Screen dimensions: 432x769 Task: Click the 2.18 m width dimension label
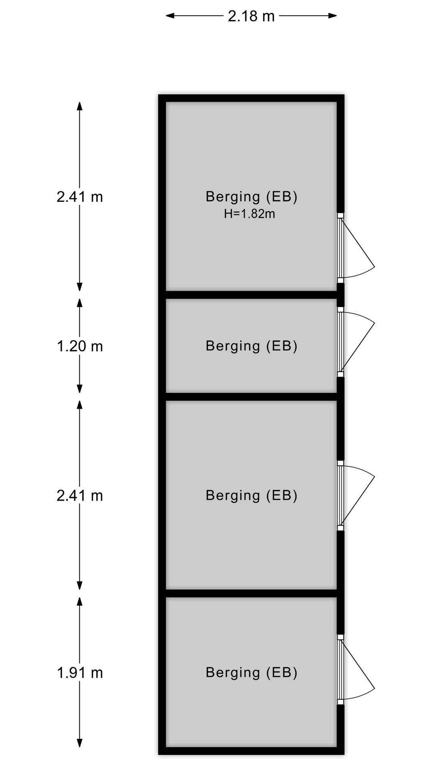tap(251, 16)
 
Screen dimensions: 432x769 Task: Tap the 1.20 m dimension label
tap(80, 346)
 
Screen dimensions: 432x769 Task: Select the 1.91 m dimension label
tap(80, 672)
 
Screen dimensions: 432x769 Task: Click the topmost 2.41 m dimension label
tap(80, 197)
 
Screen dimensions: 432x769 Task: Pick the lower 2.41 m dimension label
tap(80, 495)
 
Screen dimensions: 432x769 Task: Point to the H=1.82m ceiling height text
tap(250, 214)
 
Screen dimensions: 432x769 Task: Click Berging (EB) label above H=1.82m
tap(252, 197)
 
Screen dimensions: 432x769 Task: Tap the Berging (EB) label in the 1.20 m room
tap(252, 346)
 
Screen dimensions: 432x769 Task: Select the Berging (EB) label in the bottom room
tap(252, 672)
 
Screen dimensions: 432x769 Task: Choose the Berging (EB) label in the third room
tap(252, 495)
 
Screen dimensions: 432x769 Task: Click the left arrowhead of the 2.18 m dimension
tap(170, 16)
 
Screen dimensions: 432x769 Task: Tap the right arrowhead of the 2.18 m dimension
tap(332, 16)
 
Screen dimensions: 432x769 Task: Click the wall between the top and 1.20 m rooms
tap(251, 295)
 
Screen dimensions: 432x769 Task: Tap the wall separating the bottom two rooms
tap(251, 593)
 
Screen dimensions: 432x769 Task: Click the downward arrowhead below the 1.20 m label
tap(80, 389)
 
